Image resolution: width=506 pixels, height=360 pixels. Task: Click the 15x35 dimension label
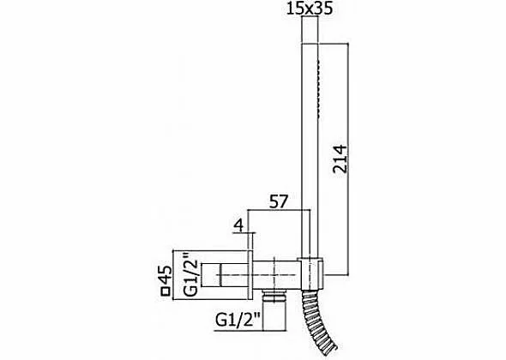click(310, 9)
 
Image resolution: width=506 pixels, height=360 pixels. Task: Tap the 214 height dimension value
click(340, 159)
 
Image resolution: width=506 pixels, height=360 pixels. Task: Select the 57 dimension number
click(278, 201)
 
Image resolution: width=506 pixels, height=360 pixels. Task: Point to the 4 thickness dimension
click(238, 225)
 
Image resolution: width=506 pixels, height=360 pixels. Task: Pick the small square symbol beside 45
click(166, 291)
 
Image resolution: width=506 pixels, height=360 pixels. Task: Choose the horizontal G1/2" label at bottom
click(238, 321)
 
